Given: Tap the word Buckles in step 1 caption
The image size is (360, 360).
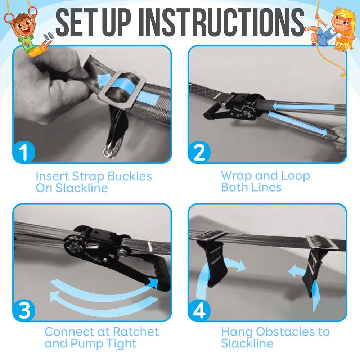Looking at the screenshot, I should point(127,177).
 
